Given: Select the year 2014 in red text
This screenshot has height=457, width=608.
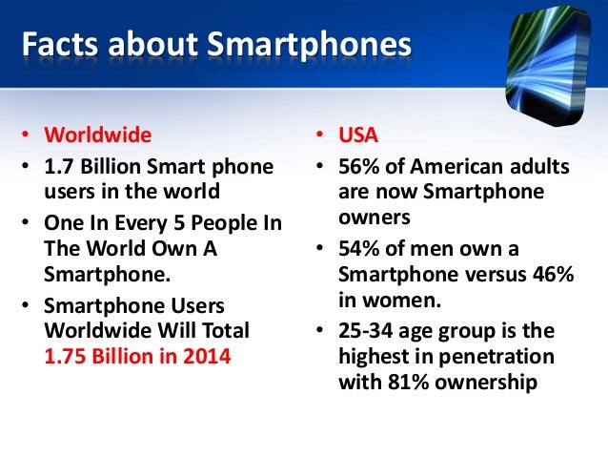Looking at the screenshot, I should [x=207, y=356].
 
